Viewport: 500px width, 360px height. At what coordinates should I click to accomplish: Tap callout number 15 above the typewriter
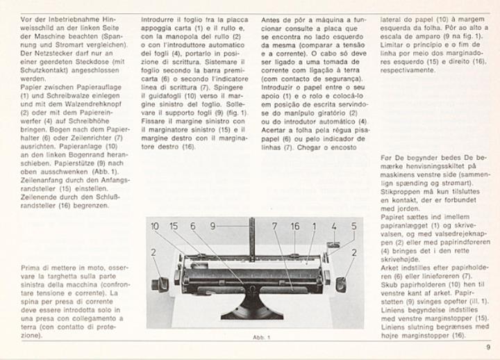174,227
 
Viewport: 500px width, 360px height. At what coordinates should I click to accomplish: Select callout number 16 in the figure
295,227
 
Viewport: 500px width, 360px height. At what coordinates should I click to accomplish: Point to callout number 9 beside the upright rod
213,227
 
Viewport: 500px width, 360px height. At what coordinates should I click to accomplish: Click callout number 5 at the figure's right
353,227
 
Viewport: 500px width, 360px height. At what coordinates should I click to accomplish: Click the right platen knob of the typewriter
340,284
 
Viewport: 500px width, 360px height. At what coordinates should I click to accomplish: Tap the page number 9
488,347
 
